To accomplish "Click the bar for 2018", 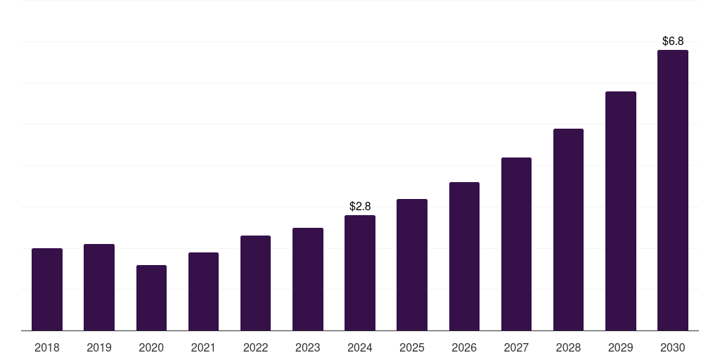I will pyautogui.click(x=47, y=289).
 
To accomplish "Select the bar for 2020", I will pyautogui.click(x=151, y=297).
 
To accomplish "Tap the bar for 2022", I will pyautogui.click(x=255, y=283).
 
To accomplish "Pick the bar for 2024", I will pyautogui.click(x=360, y=273).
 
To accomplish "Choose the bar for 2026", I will pyautogui.click(x=464, y=256).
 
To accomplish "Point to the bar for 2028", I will pyautogui.click(x=568, y=229).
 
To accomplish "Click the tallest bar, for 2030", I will pyautogui.click(x=673, y=190).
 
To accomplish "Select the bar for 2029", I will pyautogui.click(x=621, y=211).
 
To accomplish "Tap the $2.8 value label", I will pyautogui.click(x=360, y=206).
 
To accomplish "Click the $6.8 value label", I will pyautogui.click(x=673, y=41).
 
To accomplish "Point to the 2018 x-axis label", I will pyautogui.click(x=47, y=347).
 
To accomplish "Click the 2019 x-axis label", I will pyautogui.click(x=99, y=347).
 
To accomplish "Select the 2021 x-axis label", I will pyautogui.click(x=203, y=347).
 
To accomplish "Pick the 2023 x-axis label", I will pyautogui.click(x=308, y=347).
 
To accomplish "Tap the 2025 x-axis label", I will pyautogui.click(x=412, y=347).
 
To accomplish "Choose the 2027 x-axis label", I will pyautogui.click(x=516, y=347).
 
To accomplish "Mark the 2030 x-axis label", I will pyautogui.click(x=673, y=347).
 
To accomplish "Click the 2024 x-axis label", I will pyautogui.click(x=360, y=347).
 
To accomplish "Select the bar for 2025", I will pyautogui.click(x=412, y=264).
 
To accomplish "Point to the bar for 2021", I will pyautogui.click(x=203, y=291).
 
